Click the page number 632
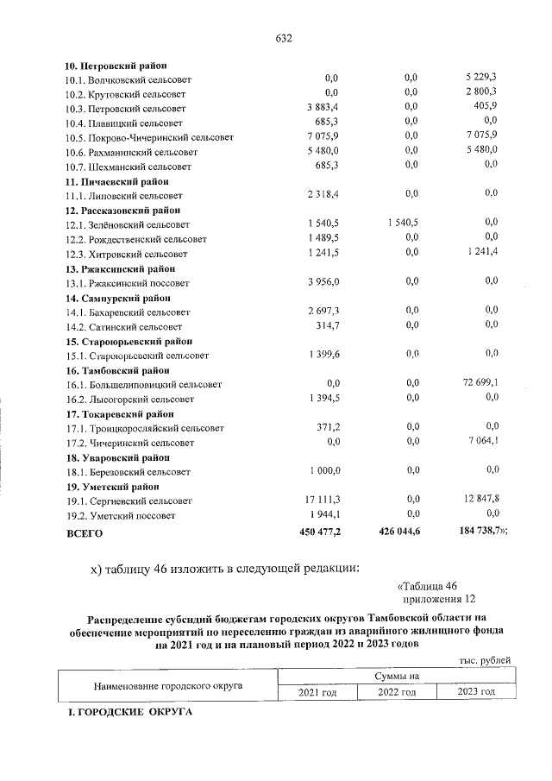284,39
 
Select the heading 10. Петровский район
116,66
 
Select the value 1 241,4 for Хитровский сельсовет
482,253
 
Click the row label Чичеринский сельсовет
130,443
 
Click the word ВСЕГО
85,533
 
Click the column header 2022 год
398,692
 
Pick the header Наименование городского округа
166,685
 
